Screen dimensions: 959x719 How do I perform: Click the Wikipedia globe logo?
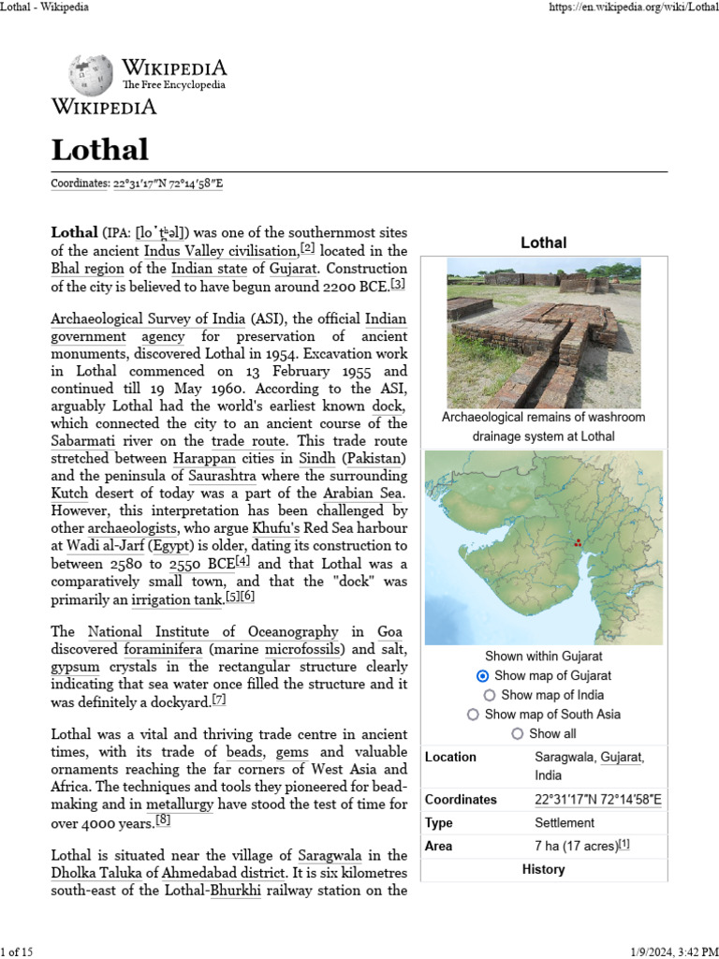tap(90, 75)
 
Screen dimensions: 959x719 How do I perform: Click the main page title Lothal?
tap(99, 150)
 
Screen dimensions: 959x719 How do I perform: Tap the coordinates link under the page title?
tap(168, 184)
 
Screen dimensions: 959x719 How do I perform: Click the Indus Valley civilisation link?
tap(220, 251)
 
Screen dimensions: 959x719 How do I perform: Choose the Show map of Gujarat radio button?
tap(482, 675)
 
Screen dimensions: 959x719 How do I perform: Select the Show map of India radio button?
tap(490, 695)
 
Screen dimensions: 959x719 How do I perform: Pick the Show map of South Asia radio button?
tap(473, 715)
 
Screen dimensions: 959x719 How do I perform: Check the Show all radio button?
tap(518, 734)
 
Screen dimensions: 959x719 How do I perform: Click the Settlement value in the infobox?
tap(564, 823)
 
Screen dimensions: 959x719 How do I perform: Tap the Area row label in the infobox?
tap(438, 846)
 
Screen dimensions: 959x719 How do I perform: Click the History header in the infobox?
tap(543, 869)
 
